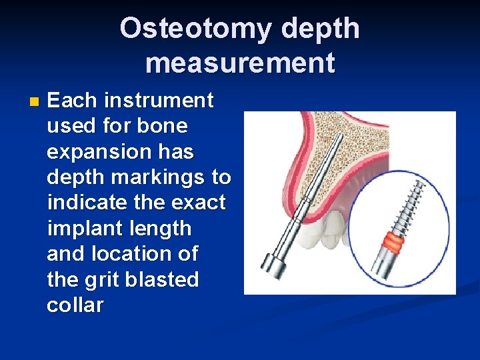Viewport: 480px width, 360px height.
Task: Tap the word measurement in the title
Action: pos(240,63)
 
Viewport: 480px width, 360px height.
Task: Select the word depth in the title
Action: pos(321,29)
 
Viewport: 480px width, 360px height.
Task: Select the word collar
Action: pos(75,305)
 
